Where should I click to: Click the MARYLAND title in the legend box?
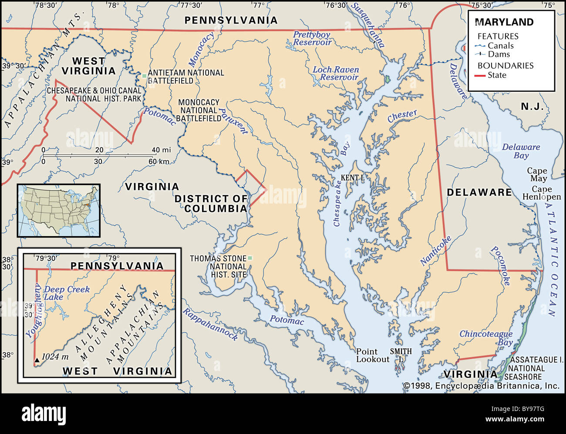pyautogui.click(x=504, y=22)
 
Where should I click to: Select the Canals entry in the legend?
pyautogui.click(x=500, y=46)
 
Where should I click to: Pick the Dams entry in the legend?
pyautogui.click(x=499, y=54)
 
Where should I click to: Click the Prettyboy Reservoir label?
pyautogui.click(x=312, y=38)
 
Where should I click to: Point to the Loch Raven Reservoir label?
pyautogui.click(x=336, y=73)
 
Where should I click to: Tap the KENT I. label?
pyautogui.click(x=352, y=177)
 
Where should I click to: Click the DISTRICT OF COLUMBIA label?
pyautogui.click(x=211, y=204)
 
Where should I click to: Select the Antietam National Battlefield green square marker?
pyautogui.click(x=144, y=76)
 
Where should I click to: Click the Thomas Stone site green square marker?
pyautogui.click(x=250, y=258)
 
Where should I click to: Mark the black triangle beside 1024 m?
pyautogui.click(x=37, y=360)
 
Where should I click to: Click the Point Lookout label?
pyautogui.click(x=372, y=355)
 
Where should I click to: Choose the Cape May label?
pyautogui.click(x=537, y=174)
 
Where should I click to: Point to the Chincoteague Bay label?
pyautogui.click(x=486, y=337)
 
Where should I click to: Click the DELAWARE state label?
pyautogui.click(x=479, y=192)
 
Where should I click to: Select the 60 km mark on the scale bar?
pyautogui.click(x=158, y=161)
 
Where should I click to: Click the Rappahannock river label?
pyautogui.click(x=210, y=324)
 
